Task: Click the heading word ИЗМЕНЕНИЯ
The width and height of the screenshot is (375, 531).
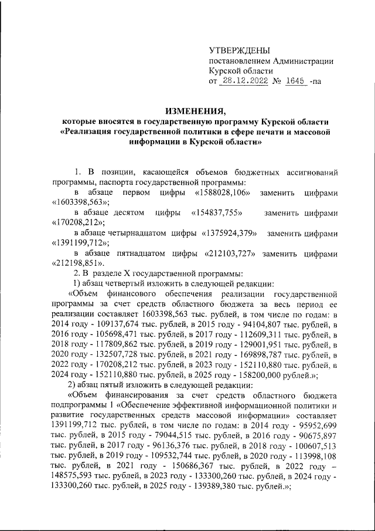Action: [x=195, y=110]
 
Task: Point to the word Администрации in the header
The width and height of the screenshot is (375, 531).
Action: [x=298, y=62]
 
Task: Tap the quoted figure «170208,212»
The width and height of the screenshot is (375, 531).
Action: [x=74, y=222]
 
